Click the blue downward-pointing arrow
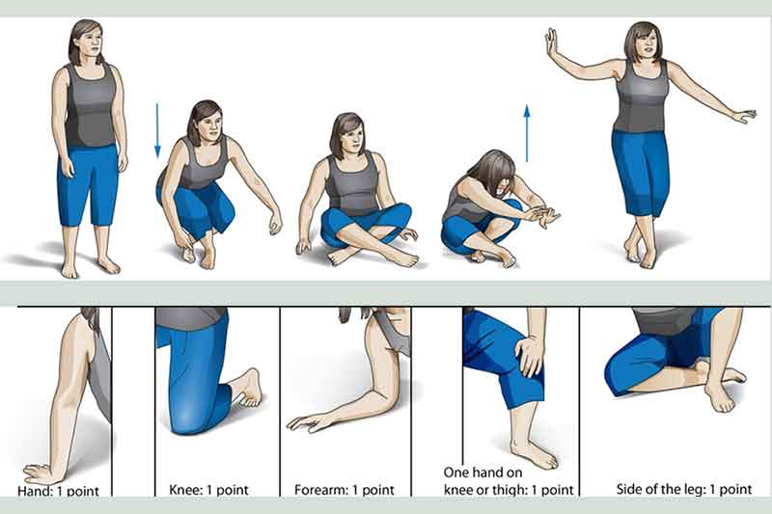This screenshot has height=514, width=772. coord(157,130)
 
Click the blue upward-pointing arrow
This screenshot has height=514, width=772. coord(527,133)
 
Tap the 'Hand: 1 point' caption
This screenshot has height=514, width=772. coord(58,491)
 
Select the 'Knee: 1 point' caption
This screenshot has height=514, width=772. coord(208,490)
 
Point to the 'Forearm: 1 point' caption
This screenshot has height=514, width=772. coord(345,490)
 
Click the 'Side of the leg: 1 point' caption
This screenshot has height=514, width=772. coord(684,489)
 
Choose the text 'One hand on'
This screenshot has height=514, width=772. coord(482,473)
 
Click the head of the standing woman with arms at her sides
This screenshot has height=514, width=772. coord(87,42)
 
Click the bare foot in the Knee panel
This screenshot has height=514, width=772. coord(248,389)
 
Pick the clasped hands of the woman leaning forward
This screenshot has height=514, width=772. coord(540,214)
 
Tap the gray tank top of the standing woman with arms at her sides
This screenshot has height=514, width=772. coord(91,105)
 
